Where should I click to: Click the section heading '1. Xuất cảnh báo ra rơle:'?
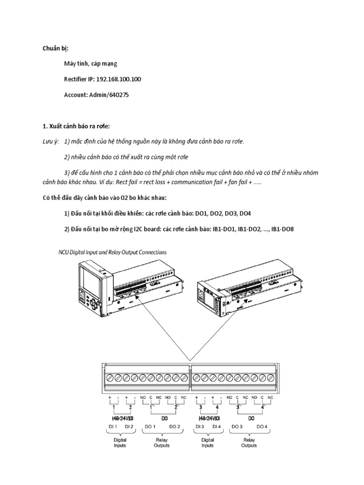point(76,126)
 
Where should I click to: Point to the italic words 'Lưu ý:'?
point(49,142)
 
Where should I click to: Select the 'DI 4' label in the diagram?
point(217,427)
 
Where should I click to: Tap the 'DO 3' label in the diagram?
point(237,427)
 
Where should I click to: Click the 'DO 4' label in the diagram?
point(262,427)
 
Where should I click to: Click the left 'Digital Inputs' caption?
point(120,442)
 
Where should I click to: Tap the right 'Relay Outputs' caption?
point(249,442)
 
